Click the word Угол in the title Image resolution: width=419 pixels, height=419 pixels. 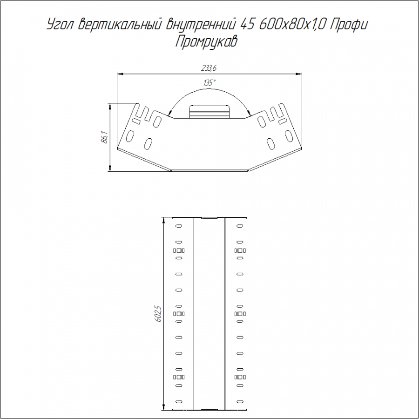[x=60, y=25]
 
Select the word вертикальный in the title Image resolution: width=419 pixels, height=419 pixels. [x=120, y=25]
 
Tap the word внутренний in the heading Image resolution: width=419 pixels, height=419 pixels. [x=201, y=25]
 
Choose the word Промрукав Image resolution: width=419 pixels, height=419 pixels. [x=206, y=42]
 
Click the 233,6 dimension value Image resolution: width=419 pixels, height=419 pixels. [x=209, y=68]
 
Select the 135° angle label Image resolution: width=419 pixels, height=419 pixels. [x=209, y=83]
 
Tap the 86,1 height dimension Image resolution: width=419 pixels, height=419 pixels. [x=105, y=137]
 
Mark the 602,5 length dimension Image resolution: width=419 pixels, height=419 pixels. [x=158, y=314]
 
